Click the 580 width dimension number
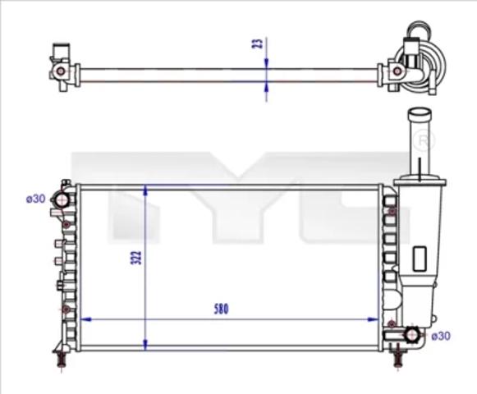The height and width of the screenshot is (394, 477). point(221,309)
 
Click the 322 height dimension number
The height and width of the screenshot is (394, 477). point(136,258)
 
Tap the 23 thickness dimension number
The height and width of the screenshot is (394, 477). point(258,44)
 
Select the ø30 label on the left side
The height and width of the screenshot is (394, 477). point(36,199)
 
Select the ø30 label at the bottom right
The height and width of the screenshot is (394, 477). point(441,336)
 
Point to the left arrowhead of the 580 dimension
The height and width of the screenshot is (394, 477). point(85,319)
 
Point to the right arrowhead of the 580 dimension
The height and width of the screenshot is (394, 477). point(373,319)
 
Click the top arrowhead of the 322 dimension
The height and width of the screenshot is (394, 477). point(145,190)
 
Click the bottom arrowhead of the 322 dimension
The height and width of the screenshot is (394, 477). point(145,345)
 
